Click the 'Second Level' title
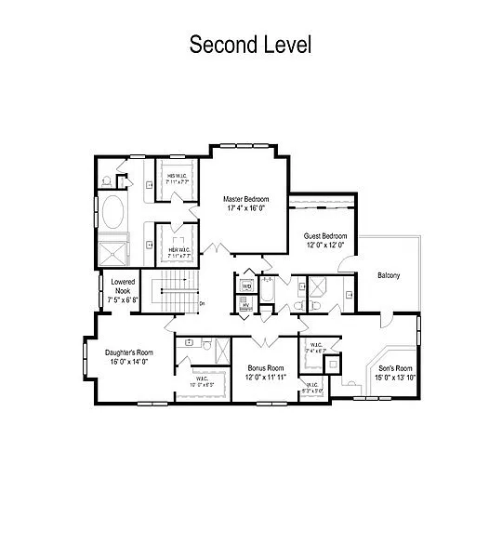250,44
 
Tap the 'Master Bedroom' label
246,199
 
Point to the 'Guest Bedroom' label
325,236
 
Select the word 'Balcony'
389,275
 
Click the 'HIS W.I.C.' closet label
178,176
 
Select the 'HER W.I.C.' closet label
178,250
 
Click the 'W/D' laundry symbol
246,286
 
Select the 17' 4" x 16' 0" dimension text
246,209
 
